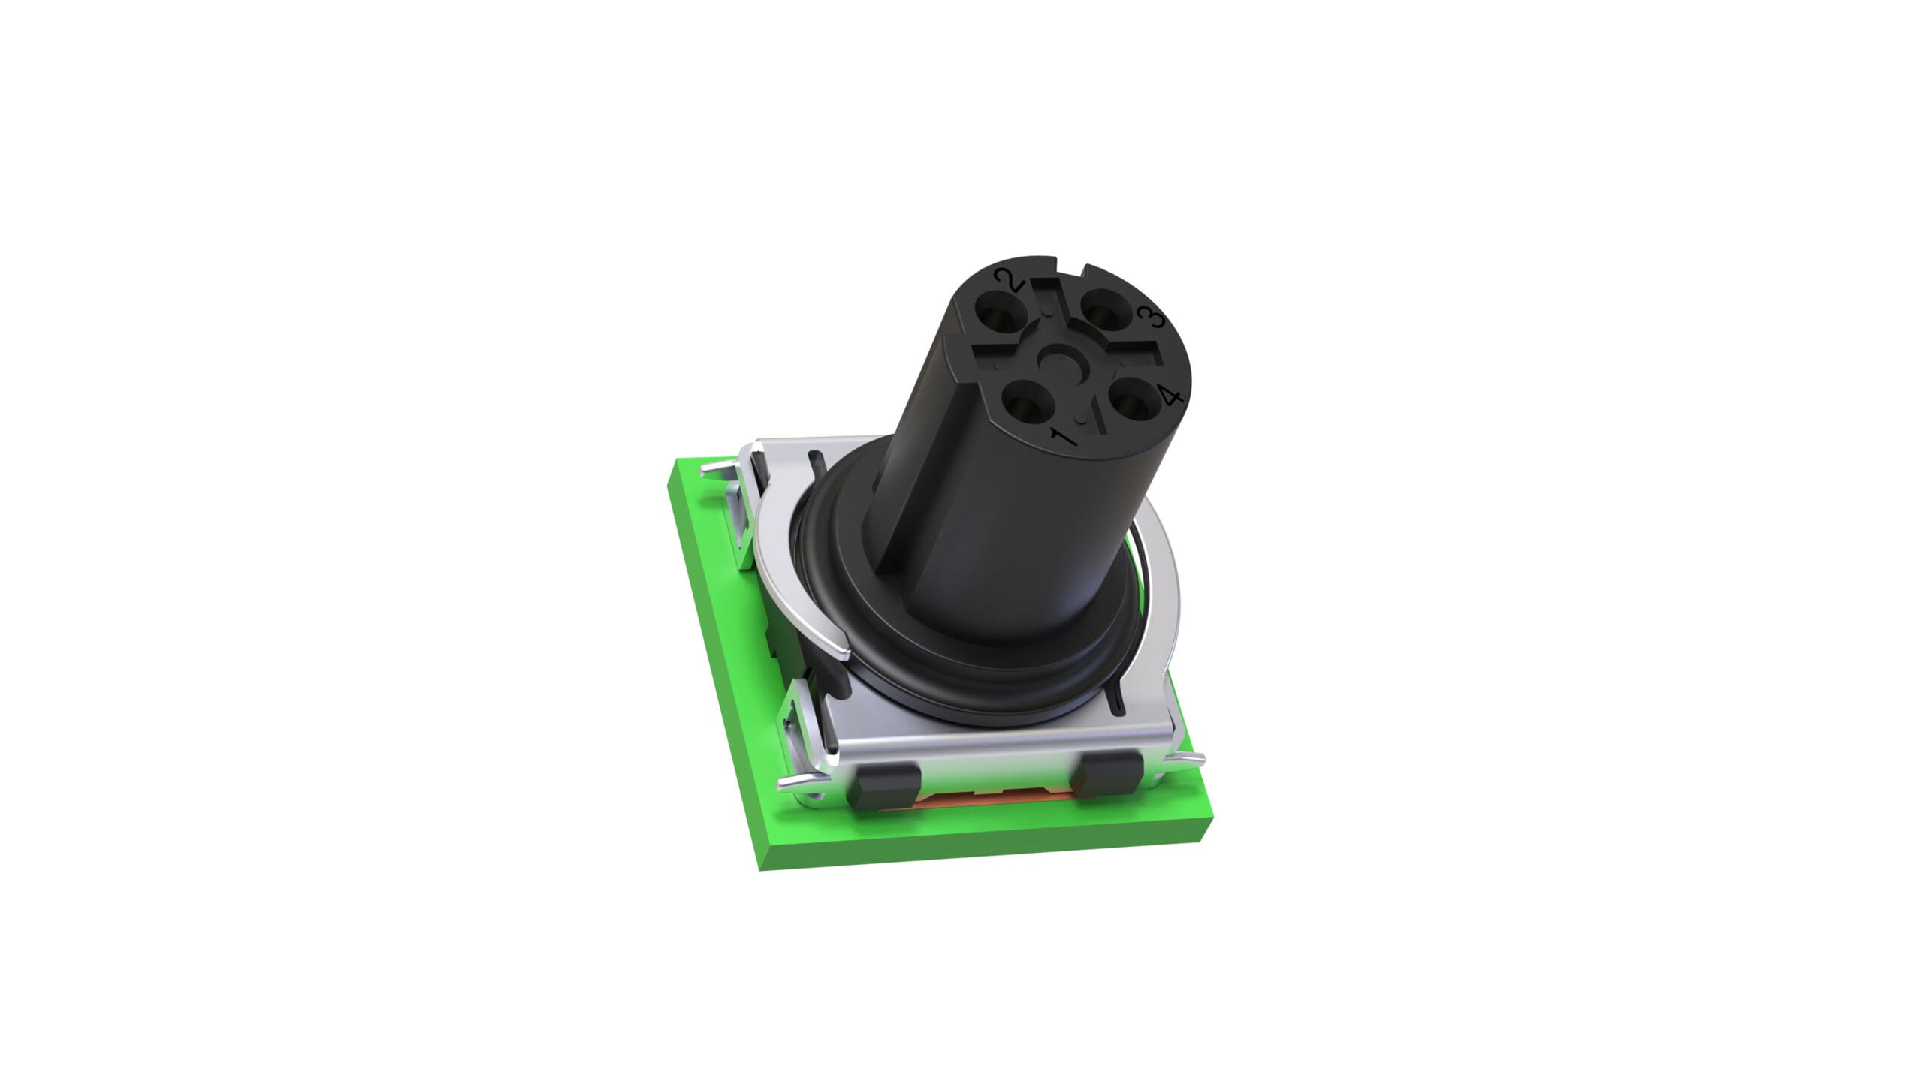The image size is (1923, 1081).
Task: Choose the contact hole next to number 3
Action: pyautogui.click(x=1106, y=309)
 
